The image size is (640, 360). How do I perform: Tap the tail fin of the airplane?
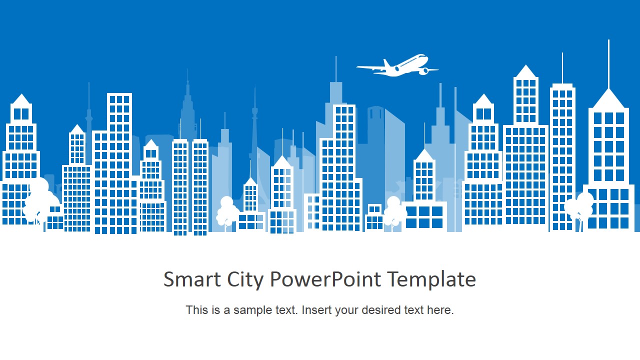point(387,63)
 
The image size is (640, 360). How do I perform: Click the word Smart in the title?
point(192,279)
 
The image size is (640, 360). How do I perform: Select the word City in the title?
point(245,280)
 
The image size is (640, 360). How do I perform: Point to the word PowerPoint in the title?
point(325,279)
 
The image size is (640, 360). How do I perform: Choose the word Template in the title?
point(431,280)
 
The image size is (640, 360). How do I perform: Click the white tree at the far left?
point(38,200)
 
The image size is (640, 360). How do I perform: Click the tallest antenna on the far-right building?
point(608,64)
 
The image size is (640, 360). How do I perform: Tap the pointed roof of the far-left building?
point(21,99)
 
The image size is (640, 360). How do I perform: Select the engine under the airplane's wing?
point(424,71)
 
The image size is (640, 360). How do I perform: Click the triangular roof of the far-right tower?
point(608,98)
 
